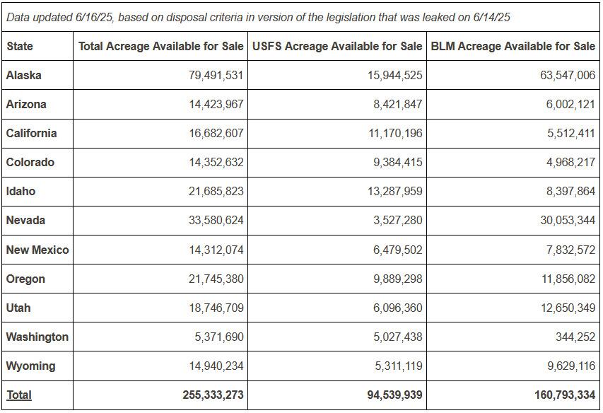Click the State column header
20,46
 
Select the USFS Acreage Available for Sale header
337,46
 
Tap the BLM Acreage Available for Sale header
513,46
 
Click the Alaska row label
24,75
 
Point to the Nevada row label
25,221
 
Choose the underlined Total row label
19,395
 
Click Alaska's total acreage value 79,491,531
216,75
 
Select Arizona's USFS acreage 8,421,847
398,104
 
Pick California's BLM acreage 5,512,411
571,133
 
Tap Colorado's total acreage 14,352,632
216,162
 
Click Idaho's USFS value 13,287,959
395,191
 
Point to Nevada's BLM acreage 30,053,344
568,221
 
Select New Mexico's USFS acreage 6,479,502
398,250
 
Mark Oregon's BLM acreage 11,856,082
568,279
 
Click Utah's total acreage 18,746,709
216,308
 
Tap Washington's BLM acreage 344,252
575,337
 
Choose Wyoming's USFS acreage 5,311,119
399,366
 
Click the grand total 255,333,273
213,395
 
